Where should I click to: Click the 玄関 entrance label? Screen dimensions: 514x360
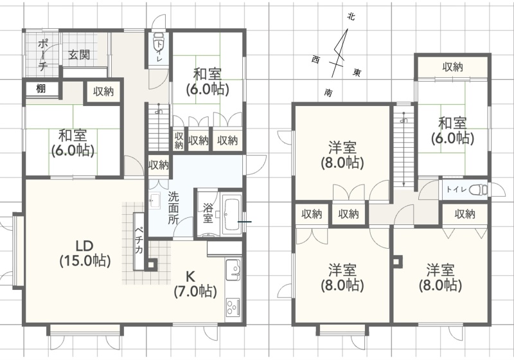pos(79,55)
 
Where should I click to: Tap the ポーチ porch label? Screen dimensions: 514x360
pos(43,55)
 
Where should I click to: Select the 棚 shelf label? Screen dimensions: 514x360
pos(40,89)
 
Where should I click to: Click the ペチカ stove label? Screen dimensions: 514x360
pos(139,240)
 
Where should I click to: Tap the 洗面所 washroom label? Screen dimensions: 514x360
pos(173,208)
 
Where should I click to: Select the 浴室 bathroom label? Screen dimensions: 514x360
pos(208,213)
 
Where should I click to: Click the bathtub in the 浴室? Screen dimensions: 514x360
pos(232,215)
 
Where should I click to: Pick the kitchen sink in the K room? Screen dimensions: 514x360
pos(233,270)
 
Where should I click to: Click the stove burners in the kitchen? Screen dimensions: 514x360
pos(233,308)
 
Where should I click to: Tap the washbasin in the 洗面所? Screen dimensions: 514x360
pos(154,201)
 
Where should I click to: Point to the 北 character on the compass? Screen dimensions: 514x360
pos(351,17)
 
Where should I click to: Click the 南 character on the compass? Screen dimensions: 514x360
pos(328,93)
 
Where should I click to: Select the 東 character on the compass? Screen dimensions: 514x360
pos(357,72)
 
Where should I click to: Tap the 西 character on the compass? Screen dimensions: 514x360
pos(315,60)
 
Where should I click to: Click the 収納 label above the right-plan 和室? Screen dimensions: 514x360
pos(452,67)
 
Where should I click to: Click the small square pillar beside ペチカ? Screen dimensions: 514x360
pos(151,265)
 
